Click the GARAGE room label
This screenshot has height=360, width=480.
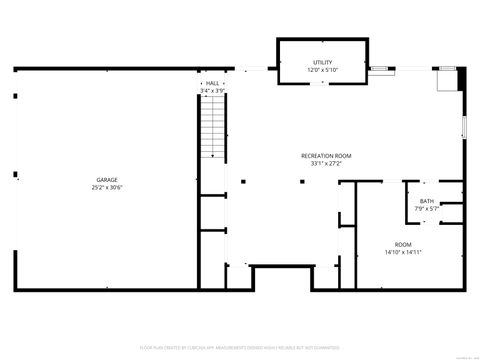[107, 179]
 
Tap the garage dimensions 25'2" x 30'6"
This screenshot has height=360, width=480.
[107, 187]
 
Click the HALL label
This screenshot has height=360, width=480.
[212, 83]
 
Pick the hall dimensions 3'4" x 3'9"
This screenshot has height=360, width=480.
[212, 91]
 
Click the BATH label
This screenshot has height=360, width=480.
[427, 201]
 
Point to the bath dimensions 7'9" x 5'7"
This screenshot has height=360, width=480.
[427, 209]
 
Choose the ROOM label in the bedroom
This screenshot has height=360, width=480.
[402, 245]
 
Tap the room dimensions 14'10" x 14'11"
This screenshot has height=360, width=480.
[402, 253]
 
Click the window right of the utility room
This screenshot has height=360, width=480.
[383, 69]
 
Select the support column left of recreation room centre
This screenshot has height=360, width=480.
[243, 181]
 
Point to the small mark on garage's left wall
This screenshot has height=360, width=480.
[15, 96]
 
